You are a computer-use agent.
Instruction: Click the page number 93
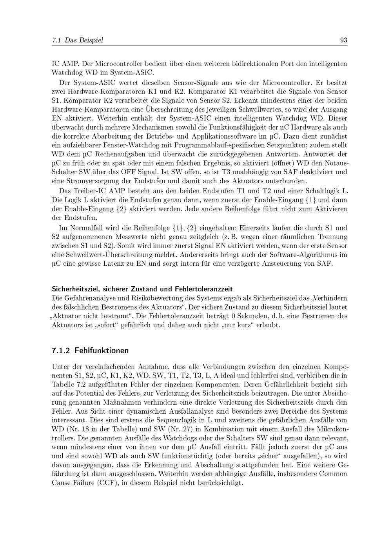344,40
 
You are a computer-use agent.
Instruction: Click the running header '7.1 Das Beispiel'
77,40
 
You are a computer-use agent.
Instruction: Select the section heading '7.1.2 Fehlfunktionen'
90,350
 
